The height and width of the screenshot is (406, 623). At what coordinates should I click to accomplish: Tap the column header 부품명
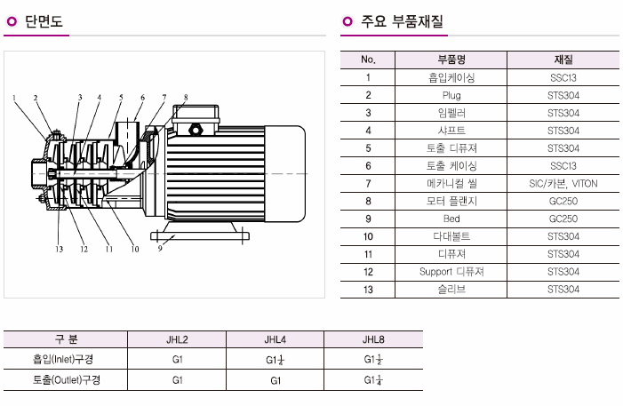coord(452,60)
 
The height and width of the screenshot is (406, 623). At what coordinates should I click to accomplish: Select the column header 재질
coord(563,60)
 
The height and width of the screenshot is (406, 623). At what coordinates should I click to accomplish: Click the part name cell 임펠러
coord(452,113)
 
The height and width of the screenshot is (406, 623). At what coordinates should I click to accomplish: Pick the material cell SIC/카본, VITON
coord(563,183)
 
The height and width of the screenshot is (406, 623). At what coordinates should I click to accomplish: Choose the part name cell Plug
coord(452,95)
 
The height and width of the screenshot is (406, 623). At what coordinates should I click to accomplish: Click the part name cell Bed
coord(452,219)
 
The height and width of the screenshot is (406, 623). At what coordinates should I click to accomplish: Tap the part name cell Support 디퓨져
coord(452,271)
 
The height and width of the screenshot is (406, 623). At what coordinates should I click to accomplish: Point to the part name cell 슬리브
coord(452,289)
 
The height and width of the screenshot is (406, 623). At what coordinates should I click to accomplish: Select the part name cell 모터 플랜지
coord(452,201)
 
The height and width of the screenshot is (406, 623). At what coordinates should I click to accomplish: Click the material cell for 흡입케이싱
coord(563,77)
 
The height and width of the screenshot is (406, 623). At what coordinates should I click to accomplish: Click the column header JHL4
coord(276,339)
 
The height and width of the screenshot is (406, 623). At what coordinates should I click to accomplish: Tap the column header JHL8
coord(373,339)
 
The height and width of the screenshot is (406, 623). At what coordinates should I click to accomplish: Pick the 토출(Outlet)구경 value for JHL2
coord(178,380)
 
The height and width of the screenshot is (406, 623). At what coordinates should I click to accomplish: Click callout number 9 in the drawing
coord(160,249)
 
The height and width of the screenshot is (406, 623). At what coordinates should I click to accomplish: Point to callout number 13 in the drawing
coord(60,249)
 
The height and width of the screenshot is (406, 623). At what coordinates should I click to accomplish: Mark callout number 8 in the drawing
coord(186,97)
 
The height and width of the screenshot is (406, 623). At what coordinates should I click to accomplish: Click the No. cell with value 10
coord(368,236)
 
